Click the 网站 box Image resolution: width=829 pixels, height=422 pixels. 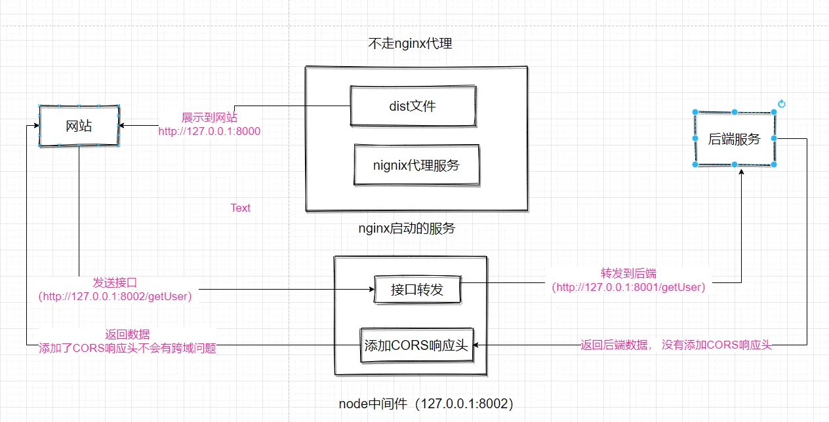[79, 126]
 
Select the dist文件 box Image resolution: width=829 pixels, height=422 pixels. [413, 105]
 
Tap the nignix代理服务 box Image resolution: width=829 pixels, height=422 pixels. [416, 165]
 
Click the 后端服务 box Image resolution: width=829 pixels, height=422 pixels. [735, 139]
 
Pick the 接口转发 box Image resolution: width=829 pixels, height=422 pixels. [417, 289]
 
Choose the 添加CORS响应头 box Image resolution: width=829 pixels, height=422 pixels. [416, 345]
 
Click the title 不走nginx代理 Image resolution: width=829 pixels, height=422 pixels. [411, 45]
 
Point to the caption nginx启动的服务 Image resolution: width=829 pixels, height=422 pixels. [407, 229]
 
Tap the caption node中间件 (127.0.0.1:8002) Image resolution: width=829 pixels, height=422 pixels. [426, 404]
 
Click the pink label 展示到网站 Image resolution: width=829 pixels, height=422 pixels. [209, 118]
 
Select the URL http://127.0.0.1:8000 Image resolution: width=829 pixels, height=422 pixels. [209, 131]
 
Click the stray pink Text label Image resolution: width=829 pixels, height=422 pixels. [240, 208]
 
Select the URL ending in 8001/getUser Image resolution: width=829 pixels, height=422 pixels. [628, 287]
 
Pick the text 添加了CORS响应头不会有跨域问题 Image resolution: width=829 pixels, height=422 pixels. [127, 349]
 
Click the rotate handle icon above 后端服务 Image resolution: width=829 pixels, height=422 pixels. [781, 104]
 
